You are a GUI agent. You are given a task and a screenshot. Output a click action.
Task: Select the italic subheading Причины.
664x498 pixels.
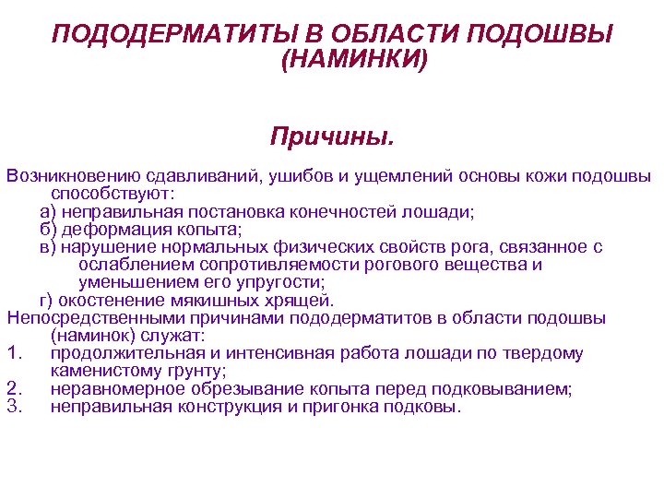[331, 137]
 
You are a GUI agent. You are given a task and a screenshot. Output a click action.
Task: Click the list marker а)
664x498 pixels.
[48, 211]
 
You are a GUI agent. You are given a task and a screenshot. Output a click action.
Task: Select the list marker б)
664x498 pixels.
[48, 229]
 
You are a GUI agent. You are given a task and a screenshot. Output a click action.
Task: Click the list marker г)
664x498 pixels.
[47, 300]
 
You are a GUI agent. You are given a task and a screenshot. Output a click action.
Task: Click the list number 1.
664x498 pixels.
[12, 353]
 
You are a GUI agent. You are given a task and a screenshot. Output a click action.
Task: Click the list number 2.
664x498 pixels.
[12, 388]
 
